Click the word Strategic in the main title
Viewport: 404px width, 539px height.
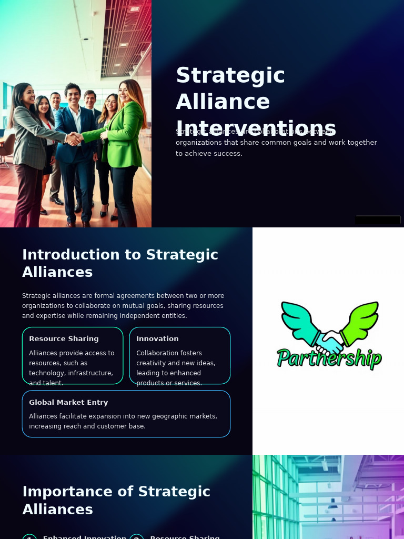point(230,75)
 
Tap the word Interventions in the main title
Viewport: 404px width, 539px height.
point(256,128)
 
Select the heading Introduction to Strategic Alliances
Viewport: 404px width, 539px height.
point(120,263)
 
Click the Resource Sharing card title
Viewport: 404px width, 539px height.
point(64,338)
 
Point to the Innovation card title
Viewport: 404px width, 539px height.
point(157,338)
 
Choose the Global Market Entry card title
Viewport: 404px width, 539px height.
point(68,402)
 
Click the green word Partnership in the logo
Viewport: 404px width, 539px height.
point(329,358)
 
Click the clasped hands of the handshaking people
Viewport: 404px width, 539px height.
point(74,138)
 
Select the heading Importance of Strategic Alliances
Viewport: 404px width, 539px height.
point(116,500)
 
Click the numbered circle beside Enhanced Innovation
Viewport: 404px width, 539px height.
point(29,537)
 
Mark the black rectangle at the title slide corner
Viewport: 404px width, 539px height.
point(378,220)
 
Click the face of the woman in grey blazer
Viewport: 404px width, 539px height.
point(27,96)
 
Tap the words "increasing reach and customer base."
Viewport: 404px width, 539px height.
point(87,426)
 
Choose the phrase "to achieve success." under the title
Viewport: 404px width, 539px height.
point(209,153)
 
